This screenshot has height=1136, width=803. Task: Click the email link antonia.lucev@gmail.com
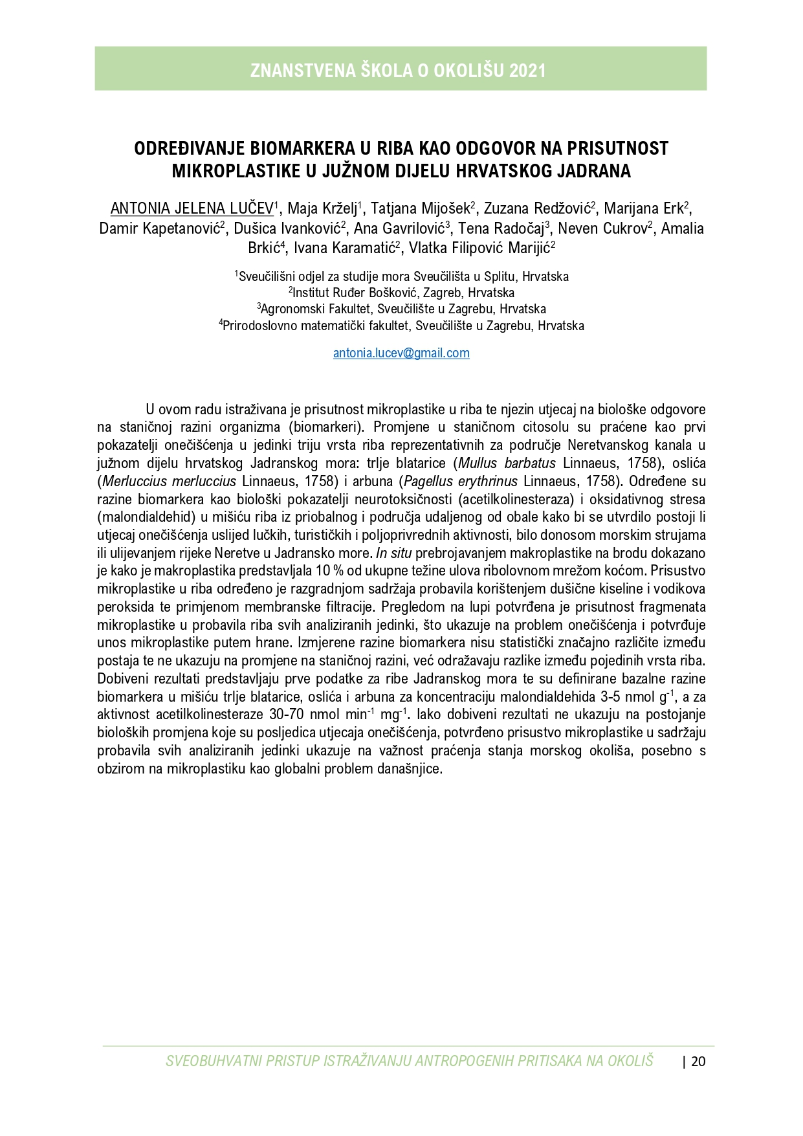click(x=401, y=353)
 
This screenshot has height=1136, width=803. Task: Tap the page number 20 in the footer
click(x=698, y=1061)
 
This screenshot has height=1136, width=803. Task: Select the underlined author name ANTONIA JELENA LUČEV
click(x=192, y=208)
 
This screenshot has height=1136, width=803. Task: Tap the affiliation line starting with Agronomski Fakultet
click(x=402, y=309)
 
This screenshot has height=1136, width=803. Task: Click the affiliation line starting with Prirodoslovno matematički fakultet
click(x=402, y=326)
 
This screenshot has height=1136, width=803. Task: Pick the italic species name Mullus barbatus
click(x=507, y=463)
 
